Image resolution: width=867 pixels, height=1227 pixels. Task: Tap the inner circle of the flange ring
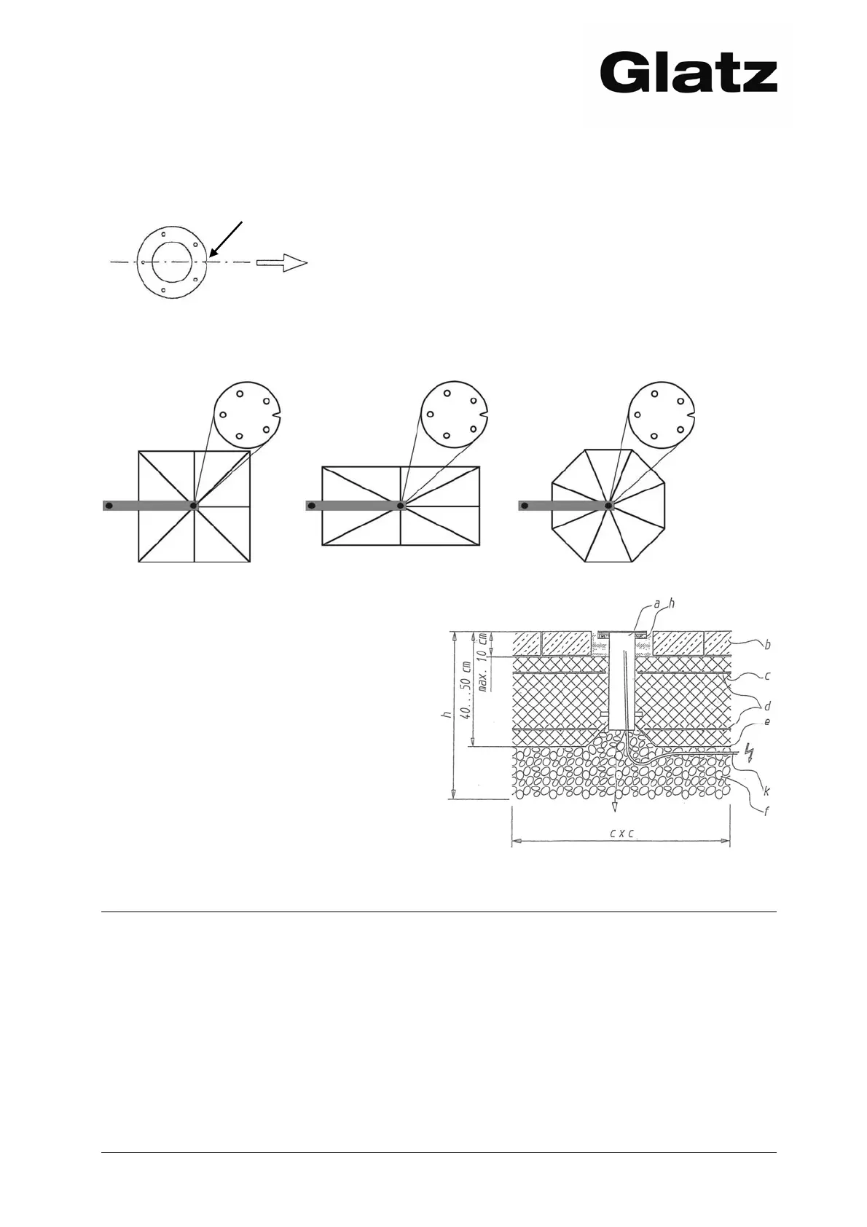click(172, 262)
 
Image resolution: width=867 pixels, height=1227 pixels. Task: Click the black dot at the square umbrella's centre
click(194, 505)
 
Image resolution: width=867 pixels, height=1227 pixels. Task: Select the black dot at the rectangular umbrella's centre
click(401, 505)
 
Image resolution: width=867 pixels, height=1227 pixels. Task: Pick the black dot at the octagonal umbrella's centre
click(608, 505)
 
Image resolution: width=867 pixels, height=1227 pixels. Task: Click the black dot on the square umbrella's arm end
click(109, 505)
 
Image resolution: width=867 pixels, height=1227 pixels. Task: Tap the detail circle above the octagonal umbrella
click(661, 416)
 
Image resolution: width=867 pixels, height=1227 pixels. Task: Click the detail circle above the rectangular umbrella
click(455, 416)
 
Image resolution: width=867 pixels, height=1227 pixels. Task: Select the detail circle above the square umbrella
click(248, 415)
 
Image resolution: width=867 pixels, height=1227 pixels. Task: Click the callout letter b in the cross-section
click(767, 644)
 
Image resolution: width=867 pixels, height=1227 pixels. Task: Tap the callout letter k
click(767, 789)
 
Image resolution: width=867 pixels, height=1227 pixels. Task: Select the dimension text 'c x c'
click(621, 834)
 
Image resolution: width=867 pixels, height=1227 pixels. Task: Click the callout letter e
click(766, 721)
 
